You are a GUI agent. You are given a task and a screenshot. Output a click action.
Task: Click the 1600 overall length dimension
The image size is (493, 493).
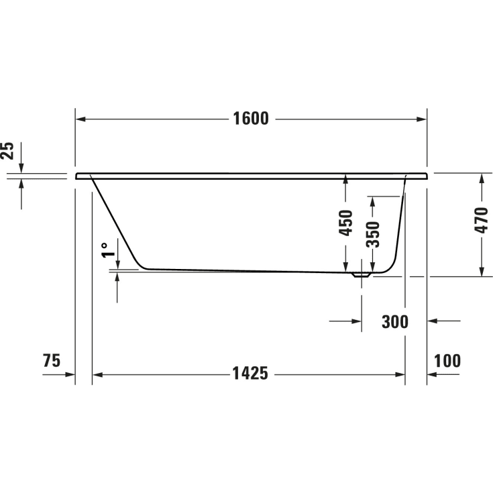[251, 119]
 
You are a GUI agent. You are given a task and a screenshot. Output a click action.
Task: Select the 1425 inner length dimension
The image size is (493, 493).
[251, 374]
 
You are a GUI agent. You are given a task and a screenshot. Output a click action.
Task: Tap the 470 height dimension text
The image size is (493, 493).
[481, 220]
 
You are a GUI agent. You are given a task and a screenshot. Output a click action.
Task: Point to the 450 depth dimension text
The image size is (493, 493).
[345, 223]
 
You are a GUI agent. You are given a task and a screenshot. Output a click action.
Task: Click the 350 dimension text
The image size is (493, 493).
[374, 234]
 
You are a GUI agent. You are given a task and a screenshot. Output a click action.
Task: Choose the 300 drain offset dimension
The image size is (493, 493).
[394, 322]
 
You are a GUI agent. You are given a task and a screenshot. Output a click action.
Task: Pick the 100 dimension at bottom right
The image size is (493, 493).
[447, 361]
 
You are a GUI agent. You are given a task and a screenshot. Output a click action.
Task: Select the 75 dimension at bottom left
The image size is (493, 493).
[51, 361]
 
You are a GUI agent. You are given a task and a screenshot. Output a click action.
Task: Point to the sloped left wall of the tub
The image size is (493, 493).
[117, 221]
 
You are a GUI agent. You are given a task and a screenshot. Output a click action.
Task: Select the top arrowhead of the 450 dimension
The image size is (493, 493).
[345, 179]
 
